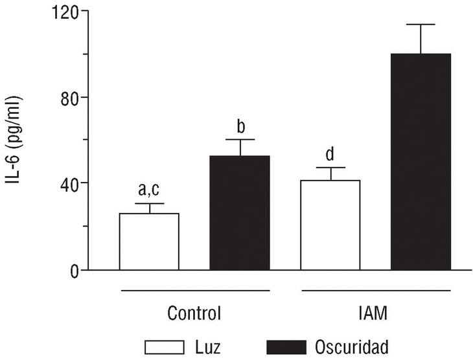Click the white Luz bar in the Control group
(x=149, y=242)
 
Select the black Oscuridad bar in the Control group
(x=240, y=213)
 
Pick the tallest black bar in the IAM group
(x=421, y=162)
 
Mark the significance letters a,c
(x=150, y=190)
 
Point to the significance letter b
(x=240, y=125)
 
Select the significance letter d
(x=330, y=154)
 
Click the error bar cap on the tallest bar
(x=421, y=25)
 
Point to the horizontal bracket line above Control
(x=194, y=289)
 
